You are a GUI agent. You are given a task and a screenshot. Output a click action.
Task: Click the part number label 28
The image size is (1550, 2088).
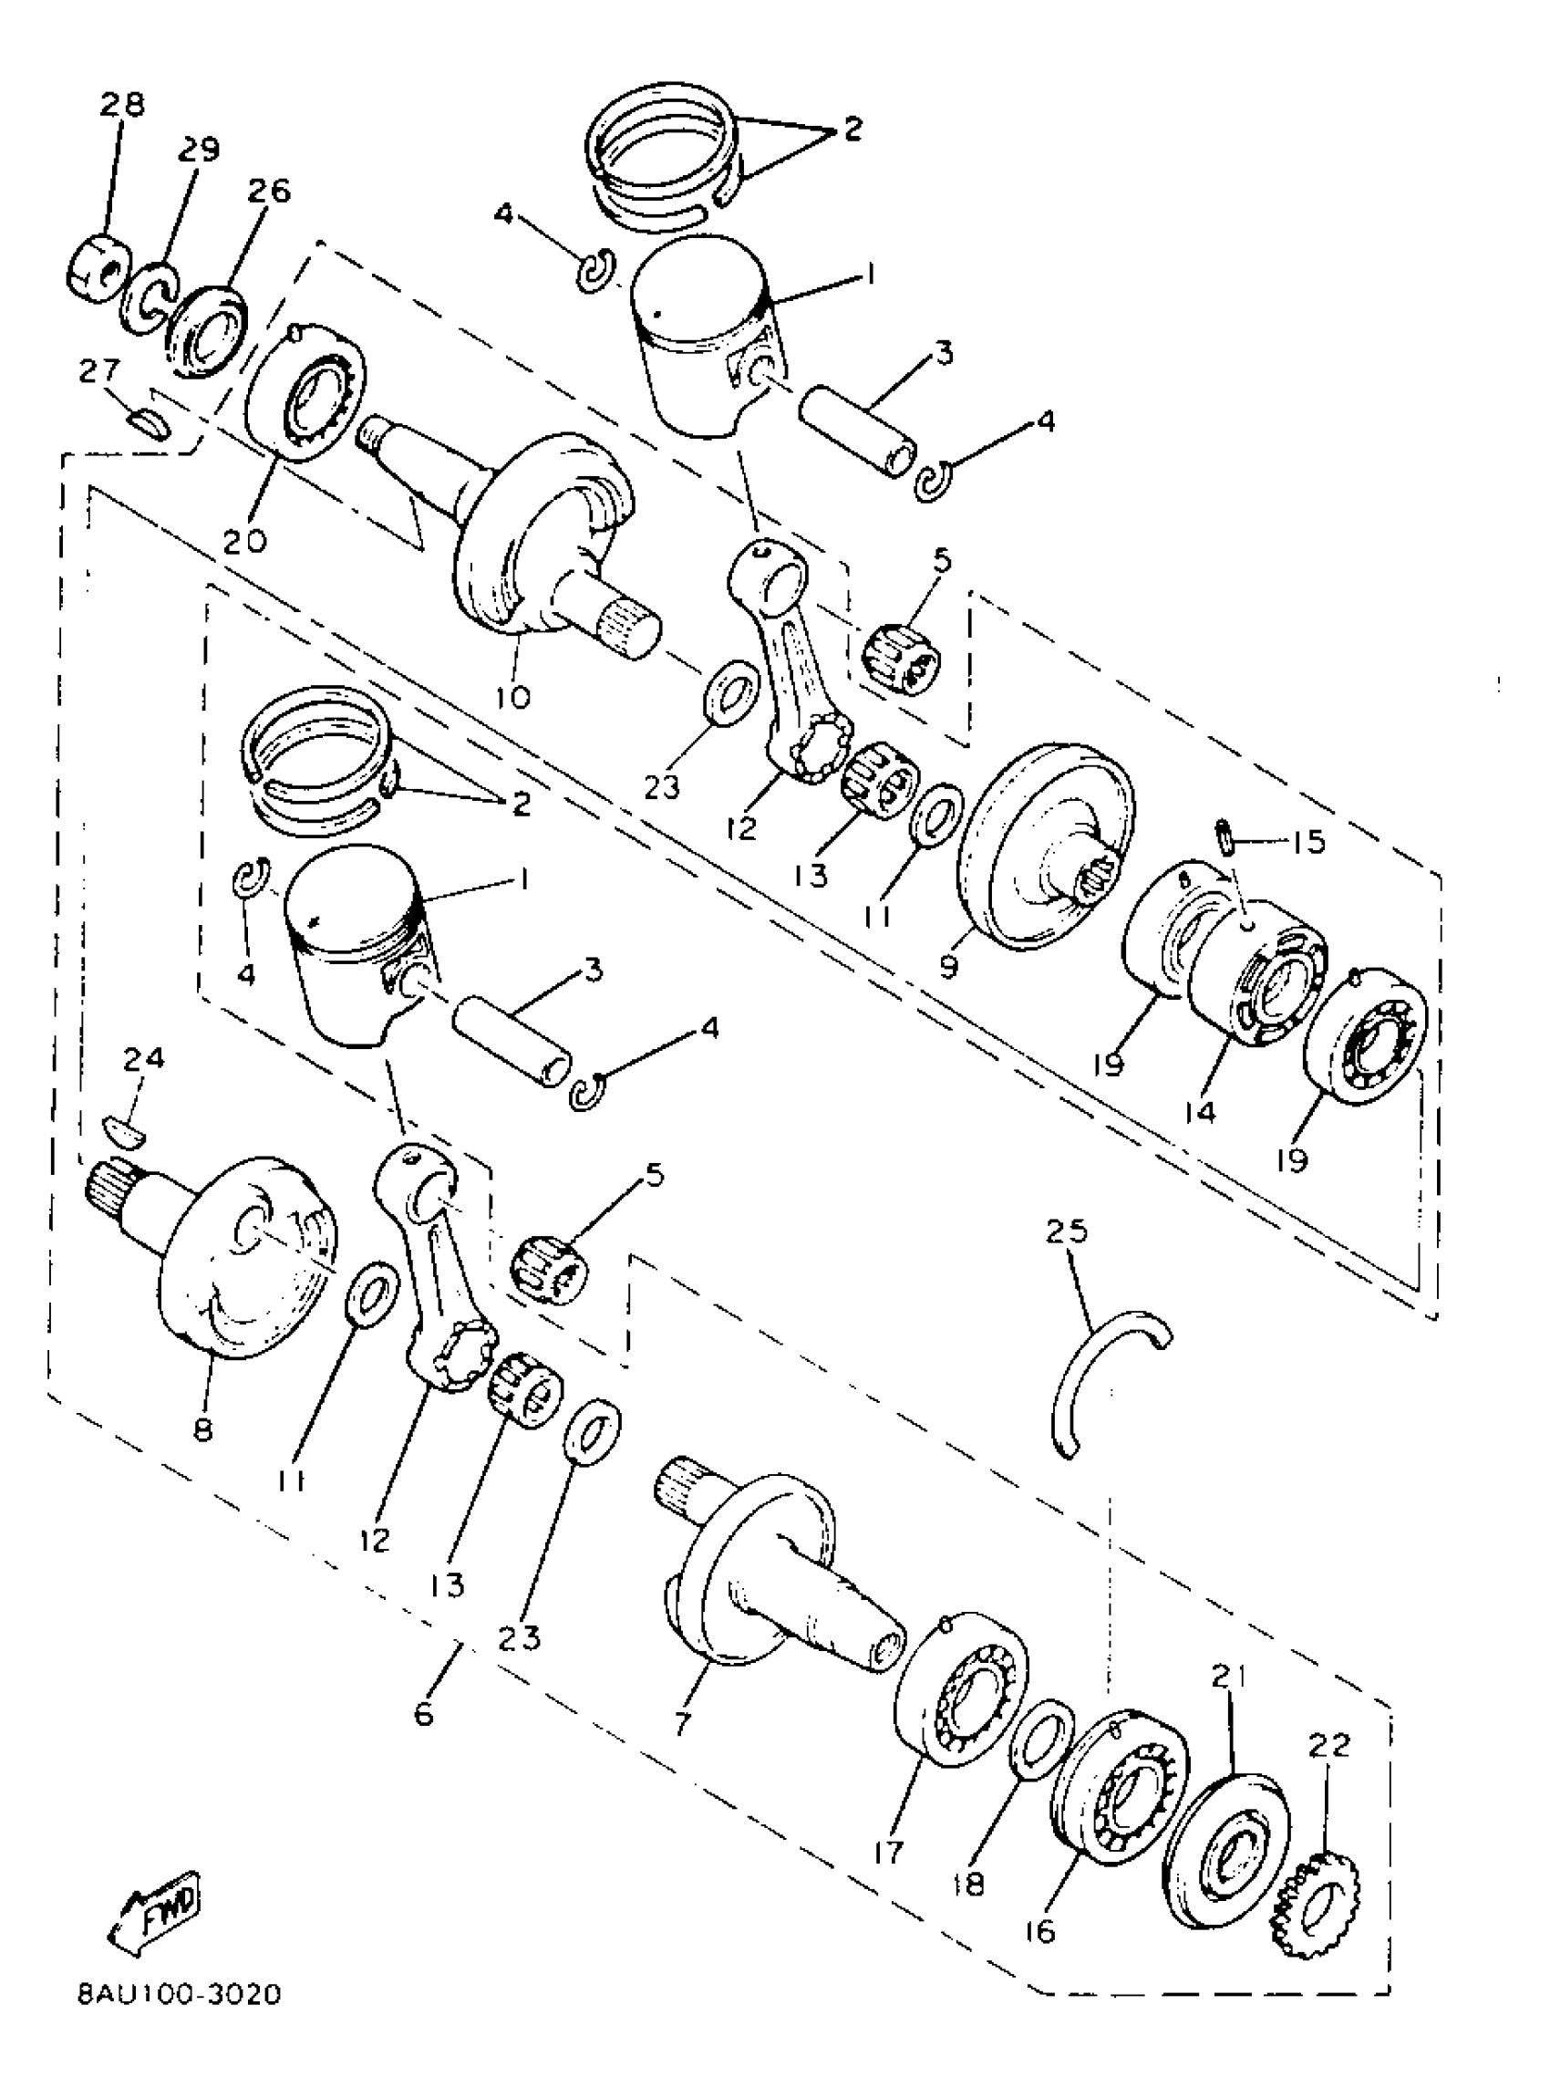click(x=123, y=104)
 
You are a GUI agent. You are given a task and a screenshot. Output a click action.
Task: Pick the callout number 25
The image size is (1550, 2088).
click(x=1067, y=1231)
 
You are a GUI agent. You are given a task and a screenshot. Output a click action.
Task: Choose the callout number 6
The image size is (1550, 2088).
click(x=423, y=1715)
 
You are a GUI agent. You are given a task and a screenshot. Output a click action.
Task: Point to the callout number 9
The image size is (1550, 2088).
click(x=948, y=966)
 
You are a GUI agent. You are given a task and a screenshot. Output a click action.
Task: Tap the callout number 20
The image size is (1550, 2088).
click(x=245, y=540)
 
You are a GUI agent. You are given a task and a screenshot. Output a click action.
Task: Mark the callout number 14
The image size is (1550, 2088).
click(x=1200, y=1112)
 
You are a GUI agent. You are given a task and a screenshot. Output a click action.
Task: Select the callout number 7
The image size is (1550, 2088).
click(x=682, y=1722)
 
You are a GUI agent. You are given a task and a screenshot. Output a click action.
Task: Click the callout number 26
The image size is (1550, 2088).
click(x=269, y=191)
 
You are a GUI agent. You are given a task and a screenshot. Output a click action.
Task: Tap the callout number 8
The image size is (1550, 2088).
click(x=203, y=1429)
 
